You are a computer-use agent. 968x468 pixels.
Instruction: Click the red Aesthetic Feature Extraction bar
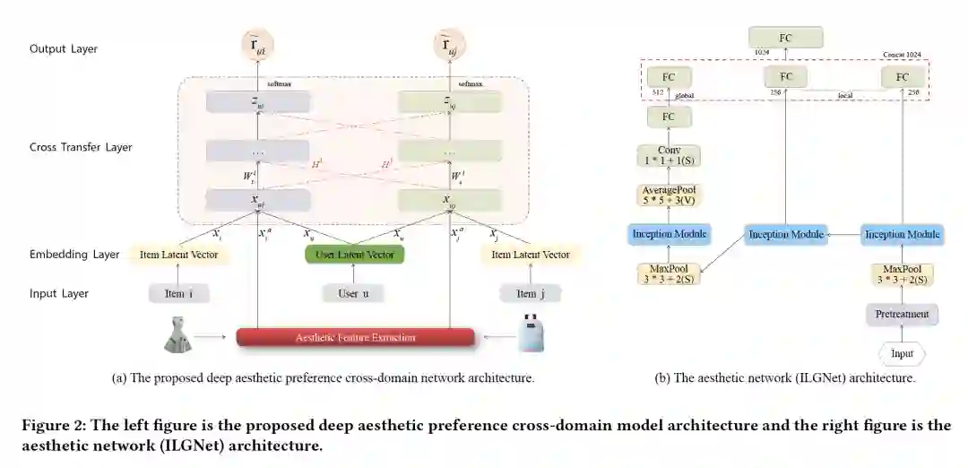click(x=355, y=337)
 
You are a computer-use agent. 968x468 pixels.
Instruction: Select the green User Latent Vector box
click(x=355, y=255)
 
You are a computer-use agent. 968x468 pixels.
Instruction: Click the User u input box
click(x=351, y=293)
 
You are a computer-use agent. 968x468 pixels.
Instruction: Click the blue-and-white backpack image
click(x=532, y=333)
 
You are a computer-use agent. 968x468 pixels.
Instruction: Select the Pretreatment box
click(x=902, y=315)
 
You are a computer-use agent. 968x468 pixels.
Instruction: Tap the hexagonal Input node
click(x=902, y=353)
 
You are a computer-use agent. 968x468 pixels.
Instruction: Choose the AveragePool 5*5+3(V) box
click(x=669, y=196)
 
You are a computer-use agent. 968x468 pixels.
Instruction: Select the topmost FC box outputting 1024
click(x=785, y=37)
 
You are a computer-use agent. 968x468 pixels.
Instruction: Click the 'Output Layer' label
click(x=64, y=48)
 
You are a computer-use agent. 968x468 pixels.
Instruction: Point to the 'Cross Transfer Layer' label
click(x=81, y=147)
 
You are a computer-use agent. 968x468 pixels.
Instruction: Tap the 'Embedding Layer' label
click(x=74, y=255)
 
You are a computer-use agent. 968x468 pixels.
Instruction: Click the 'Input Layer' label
click(x=59, y=293)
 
